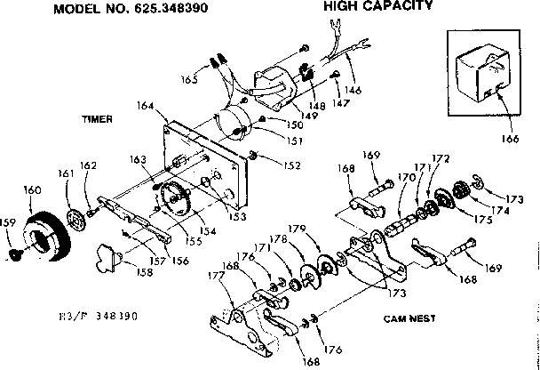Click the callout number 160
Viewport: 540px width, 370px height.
32,190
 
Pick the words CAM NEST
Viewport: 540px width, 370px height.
409,318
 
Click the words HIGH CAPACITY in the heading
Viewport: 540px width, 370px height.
377,6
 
